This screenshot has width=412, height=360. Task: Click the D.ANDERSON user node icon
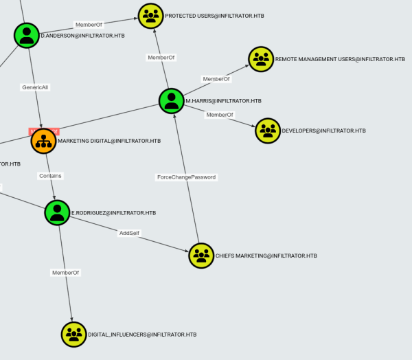(x=27, y=35)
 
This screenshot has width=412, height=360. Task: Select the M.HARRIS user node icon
(x=172, y=101)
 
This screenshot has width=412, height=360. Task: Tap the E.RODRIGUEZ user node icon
(x=57, y=213)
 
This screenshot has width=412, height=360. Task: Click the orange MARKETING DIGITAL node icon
(x=44, y=141)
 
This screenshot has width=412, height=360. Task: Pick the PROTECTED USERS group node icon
(x=151, y=16)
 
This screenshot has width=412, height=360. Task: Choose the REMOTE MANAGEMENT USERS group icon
(x=261, y=59)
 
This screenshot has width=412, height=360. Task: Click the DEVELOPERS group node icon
(x=268, y=131)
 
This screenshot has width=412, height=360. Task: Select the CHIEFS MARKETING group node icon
(x=201, y=256)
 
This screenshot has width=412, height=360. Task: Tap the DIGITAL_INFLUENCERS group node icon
(x=74, y=335)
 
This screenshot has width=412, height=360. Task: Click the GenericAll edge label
(x=36, y=87)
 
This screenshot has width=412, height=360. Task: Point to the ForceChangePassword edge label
(x=186, y=177)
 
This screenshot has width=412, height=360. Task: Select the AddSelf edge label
(x=129, y=234)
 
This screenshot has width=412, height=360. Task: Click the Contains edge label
(x=50, y=176)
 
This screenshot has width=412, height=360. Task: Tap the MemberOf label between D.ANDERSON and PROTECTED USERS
(x=89, y=25)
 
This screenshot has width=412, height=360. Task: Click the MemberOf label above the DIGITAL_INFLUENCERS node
(x=66, y=273)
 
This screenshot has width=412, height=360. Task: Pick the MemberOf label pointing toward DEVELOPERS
(x=220, y=115)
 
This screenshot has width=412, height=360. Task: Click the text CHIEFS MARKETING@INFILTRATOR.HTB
(x=266, y=256)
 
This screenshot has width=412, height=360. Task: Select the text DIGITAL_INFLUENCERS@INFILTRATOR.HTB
(x=142, y=335)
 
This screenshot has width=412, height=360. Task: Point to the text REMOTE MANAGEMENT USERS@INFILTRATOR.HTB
(x=340, y=59)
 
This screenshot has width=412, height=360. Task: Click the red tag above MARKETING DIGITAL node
(x=43, y=131)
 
